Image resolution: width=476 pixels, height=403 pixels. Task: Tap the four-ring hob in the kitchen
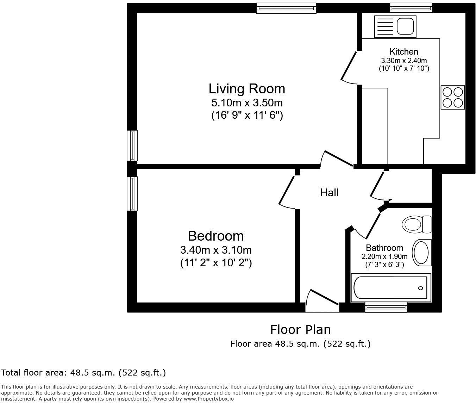[452, 97]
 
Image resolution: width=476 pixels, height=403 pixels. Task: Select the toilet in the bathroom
[416, 224]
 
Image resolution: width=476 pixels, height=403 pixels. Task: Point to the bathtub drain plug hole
[420, 288]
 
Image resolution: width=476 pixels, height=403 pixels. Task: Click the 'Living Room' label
[247, 88]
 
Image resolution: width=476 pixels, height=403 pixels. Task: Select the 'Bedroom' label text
[215, 236]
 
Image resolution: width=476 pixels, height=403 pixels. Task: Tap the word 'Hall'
[329, 192]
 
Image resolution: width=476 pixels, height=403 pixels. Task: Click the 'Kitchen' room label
[404, 52]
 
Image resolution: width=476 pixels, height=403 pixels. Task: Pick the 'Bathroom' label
[384, 248]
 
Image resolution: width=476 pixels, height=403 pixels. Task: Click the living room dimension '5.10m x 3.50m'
[247, 103]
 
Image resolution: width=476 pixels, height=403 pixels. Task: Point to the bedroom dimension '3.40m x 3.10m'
[216, 250]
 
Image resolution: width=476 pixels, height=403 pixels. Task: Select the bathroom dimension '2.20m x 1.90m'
[384, 256]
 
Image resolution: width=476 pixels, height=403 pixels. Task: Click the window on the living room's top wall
[286, 8]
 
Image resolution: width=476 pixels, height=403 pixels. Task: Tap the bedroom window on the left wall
[132, 193]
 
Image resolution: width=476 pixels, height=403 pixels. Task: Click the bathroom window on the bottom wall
[386, 307]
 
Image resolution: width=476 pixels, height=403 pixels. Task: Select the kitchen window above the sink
[411, 7]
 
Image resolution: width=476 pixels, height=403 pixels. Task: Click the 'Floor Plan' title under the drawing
[300, 329]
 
